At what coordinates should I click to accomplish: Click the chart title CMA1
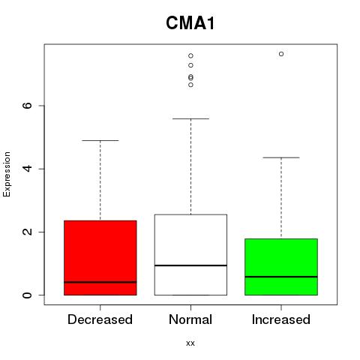pyautogui.click(x=190, y=23)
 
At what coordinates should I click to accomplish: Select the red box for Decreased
pyautogui.click(x=100, y=258)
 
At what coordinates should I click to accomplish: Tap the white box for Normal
pyautogui.click(x=190, y=255)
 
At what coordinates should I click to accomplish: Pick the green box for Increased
pyautogui.click(x=281, y=267)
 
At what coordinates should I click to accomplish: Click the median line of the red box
pyautogui.click(x=100, y=282)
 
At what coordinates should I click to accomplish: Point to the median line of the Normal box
pyautogui.click(x=190, y=265)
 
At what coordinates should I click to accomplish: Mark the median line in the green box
pyautogui.click(x=281, y=277)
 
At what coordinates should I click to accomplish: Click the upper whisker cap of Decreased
pyautogui.click(x=100, y=140)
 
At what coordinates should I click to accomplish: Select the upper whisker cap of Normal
pyautogui.click(x=190, y=118)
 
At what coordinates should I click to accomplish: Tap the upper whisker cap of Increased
pyautogui.click(x=281, y=157)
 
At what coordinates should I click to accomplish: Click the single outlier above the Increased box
pyautogui.click(x=281, y=54)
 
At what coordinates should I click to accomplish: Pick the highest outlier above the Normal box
pyautogui.click(x=190, y=55)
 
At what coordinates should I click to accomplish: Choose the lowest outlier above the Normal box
pyautogui.click(x=190, y=85)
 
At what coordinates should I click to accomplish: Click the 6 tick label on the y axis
pyautogui.click(x=27, y=106)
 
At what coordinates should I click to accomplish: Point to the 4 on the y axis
pyautogui.click(x=27, y=169)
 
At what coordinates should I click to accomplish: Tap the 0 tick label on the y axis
pyautogui.click(x=27, y=295)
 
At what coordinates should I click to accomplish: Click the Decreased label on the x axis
pyautogui.click(x=100, y=319)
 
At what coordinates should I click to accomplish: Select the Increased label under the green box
pyautogui.click(x=281, y=319)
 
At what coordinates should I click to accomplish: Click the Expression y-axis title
pyautogui.click(x=7, y=174)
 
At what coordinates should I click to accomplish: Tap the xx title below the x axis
pyautogui.click(x=190, y=343)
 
